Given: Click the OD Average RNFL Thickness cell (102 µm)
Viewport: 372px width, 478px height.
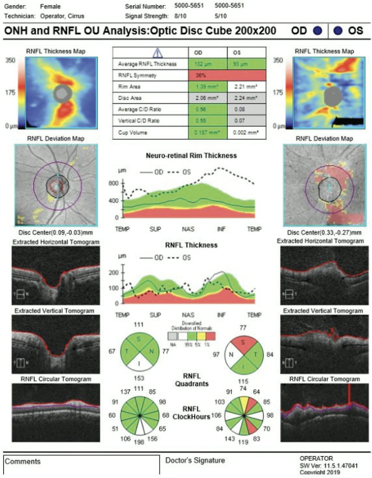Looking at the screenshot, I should (x=208, y=64).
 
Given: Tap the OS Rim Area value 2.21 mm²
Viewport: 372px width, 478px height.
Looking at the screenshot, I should (x=246, y=87).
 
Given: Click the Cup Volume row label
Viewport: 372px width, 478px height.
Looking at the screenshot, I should (x=133, y=133).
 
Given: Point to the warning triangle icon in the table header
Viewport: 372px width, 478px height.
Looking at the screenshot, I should (x=157, y=53).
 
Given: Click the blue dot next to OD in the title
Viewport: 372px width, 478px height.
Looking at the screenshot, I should (x=317, y=31).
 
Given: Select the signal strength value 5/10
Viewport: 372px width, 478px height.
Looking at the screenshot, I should (x=221, y=16).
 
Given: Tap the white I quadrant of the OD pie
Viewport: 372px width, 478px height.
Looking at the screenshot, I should (x=139, y=364).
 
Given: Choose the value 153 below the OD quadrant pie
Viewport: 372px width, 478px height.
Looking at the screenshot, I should (x=139, y=378).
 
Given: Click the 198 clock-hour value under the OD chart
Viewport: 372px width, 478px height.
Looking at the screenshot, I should (x=139, y=442).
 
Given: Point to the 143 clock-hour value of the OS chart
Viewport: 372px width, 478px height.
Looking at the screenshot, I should (x=229, y=439).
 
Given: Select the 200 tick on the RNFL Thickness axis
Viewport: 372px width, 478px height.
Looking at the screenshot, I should (x=114, y=273).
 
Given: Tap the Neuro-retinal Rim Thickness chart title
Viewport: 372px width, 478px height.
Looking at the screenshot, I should (x=191, y=156).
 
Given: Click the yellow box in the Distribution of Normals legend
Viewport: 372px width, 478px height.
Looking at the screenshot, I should (x=201, y=336).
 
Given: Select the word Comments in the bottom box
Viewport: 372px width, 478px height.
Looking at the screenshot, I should (x=23, y=462).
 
